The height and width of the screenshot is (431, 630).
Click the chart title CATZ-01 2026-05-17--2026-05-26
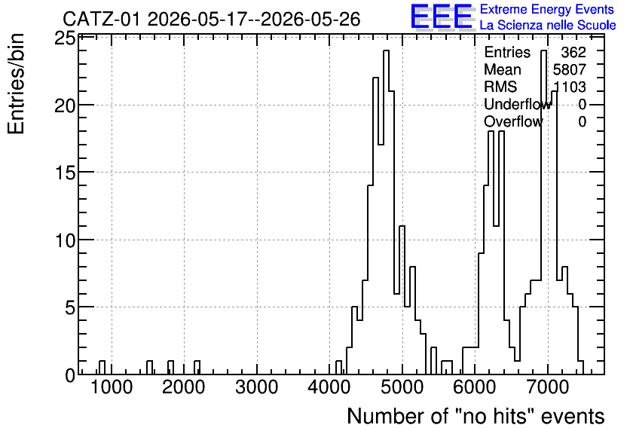pos(211,19)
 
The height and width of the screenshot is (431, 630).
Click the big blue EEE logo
pos(442,17)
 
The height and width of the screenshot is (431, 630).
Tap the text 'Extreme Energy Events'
pos(547,9)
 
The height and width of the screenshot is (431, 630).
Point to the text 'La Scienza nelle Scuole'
pos(548,26)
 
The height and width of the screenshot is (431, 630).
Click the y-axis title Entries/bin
pos(17,84)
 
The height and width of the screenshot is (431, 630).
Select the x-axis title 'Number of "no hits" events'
pos(476,416)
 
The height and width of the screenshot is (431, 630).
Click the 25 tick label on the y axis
pos(64,39)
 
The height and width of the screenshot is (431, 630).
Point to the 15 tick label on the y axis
pos(64,173)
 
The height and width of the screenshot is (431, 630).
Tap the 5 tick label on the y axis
pos(69,308)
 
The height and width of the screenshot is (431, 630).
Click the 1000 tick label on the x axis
pos(112,387)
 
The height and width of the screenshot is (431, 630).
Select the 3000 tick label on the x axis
pos(257,387)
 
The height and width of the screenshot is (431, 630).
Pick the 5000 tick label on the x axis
pos(402,387)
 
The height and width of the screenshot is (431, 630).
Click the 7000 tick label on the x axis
pos(548,387)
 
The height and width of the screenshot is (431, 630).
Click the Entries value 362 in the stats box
pos(573,52)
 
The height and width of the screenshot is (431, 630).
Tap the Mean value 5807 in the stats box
pos(569,69)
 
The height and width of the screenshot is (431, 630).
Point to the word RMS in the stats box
pos(500,87)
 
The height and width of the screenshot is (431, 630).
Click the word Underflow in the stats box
pos(518,105)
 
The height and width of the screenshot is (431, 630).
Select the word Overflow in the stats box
pos(513,122)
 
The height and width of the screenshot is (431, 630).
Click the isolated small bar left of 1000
pos(102,368)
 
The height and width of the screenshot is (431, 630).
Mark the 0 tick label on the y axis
pos(70,375)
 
